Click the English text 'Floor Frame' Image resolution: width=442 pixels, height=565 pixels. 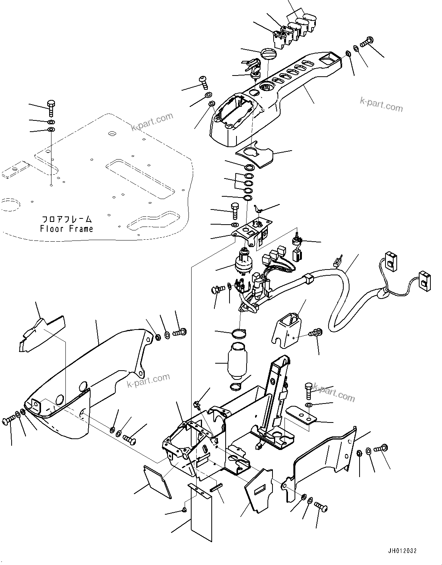(67, 229)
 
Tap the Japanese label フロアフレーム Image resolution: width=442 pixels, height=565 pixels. (67, 219)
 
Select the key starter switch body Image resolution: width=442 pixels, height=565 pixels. (244, 262)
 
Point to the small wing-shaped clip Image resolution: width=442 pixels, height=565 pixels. (259, 210)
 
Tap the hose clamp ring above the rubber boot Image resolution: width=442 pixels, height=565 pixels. (239, 333)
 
